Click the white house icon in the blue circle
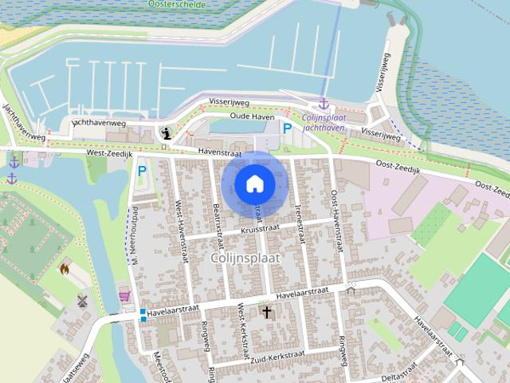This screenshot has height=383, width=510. (x=254, y=184)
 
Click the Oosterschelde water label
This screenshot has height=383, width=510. (x=176, y=4)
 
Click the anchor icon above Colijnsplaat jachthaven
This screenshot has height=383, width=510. (x=323, y=104)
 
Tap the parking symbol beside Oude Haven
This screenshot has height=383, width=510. (x=287, y=128)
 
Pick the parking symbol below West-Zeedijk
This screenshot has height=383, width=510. (x=142, y=170)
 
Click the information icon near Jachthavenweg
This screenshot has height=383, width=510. (x=165, y=133)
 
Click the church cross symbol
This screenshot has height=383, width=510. (x=266, y=312)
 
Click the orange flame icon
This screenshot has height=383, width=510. (x=65, y=269)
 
